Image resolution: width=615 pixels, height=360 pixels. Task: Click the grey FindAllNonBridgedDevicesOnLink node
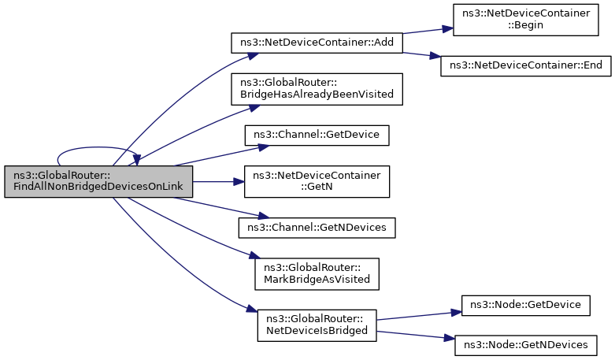coord(98,181)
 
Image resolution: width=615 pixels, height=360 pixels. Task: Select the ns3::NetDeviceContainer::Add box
coord(317,43)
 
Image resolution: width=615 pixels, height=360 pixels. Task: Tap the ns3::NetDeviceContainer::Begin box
coord(525,20)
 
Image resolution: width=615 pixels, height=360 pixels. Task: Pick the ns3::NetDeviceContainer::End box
coord(525,66)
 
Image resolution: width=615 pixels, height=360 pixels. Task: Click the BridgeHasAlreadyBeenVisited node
coord(317,89)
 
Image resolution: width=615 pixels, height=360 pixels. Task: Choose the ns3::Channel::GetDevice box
coord(317,135)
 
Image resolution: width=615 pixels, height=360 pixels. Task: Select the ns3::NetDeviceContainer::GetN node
coord(317,181)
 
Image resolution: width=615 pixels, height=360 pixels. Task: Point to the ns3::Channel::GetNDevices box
coord(317,228)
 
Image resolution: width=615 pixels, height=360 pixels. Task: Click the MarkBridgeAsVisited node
coord(317,274)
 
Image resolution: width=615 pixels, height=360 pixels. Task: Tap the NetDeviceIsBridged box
coord(317,325)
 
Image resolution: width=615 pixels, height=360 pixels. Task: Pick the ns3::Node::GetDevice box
coord(525,306)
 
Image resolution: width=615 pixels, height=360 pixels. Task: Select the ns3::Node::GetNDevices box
coord(525,346)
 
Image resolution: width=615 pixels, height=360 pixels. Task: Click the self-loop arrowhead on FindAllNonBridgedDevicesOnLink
coord(136,160)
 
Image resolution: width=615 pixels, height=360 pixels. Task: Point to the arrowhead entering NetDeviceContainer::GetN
coord(239,181)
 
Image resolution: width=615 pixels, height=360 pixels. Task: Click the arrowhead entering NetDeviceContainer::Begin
coord(447,28)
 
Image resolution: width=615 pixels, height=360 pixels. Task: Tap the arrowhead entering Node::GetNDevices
coord(449,338)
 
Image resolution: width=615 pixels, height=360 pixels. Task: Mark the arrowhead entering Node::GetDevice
coord(456,313)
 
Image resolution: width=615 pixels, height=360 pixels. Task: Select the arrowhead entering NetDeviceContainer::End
coord(435,56)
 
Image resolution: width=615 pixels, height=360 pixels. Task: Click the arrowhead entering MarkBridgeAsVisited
coord(255,256)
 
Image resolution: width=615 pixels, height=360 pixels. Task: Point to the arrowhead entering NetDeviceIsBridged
coord(252,309)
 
